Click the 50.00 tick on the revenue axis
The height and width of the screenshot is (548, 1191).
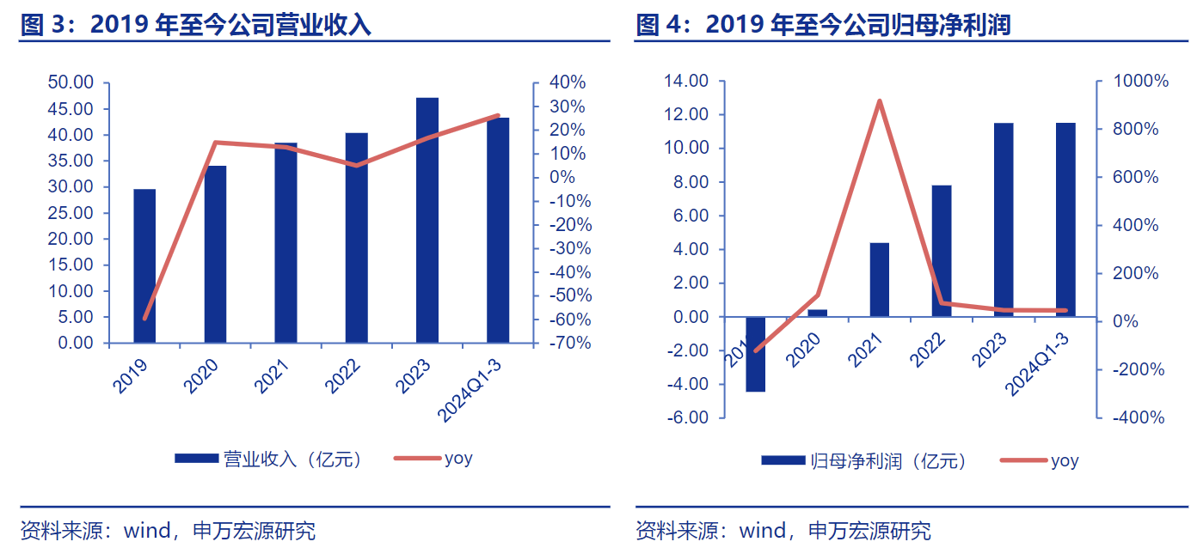tap(71, 83)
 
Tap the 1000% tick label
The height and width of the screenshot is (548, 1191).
tap(1140, 82)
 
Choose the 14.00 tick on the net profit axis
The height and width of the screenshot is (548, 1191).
tap(686, 82)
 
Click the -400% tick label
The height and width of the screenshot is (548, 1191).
tap(1140, 417)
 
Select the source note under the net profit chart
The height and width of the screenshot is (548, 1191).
tap(783, 530)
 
